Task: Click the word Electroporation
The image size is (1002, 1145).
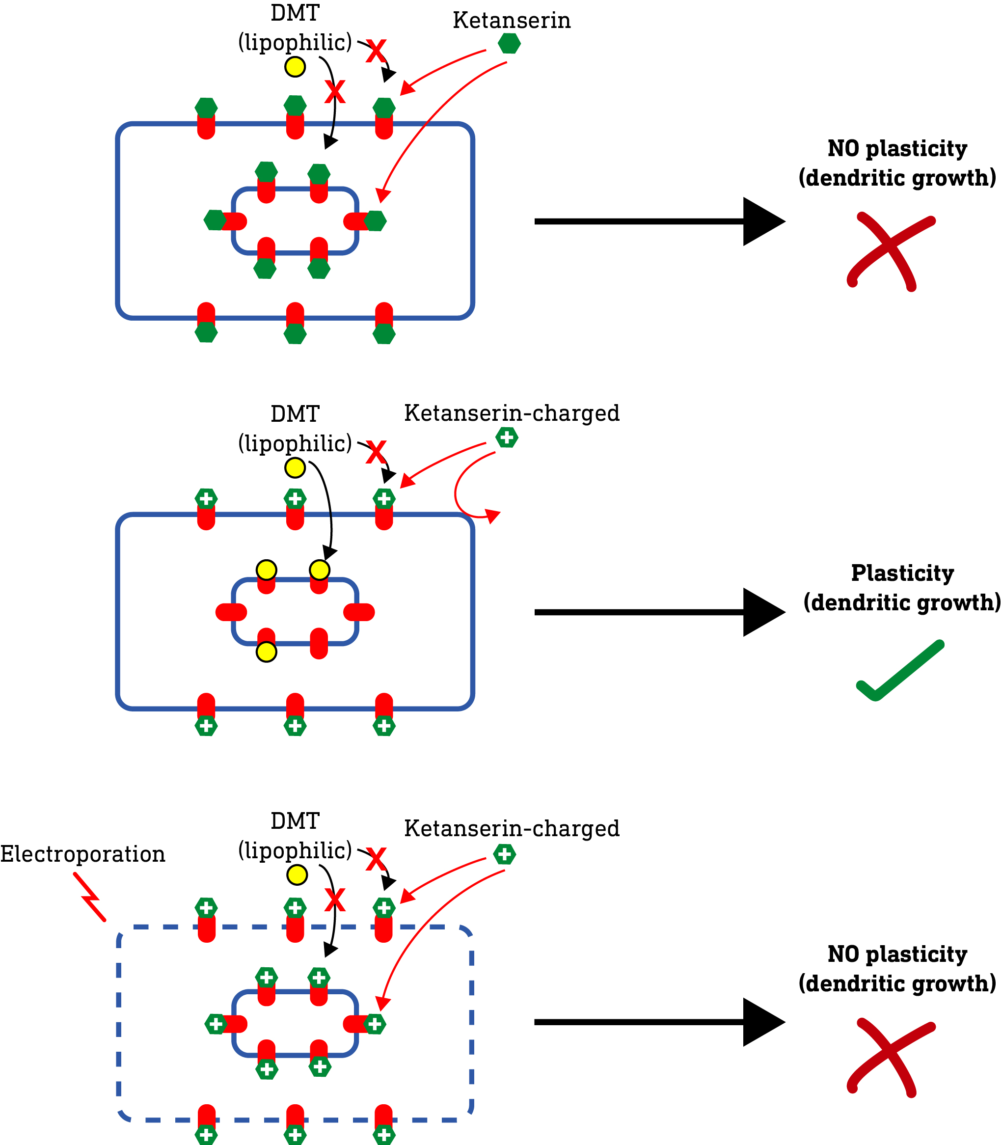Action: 83,854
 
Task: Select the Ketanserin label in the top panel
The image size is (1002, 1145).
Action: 511,21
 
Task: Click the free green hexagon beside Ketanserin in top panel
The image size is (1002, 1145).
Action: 509,43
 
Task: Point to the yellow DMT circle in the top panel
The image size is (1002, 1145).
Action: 295,67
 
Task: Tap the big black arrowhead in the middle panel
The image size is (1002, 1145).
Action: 762,612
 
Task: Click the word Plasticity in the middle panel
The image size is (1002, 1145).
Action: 902,573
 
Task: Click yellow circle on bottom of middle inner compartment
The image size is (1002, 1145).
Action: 266,652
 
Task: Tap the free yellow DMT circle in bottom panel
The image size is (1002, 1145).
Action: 297,874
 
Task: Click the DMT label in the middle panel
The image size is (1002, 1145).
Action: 295,414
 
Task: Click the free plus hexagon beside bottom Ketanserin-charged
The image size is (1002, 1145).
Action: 504,854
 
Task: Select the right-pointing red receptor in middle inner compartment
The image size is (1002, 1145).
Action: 359,612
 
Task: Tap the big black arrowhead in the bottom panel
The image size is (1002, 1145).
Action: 762,1022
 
